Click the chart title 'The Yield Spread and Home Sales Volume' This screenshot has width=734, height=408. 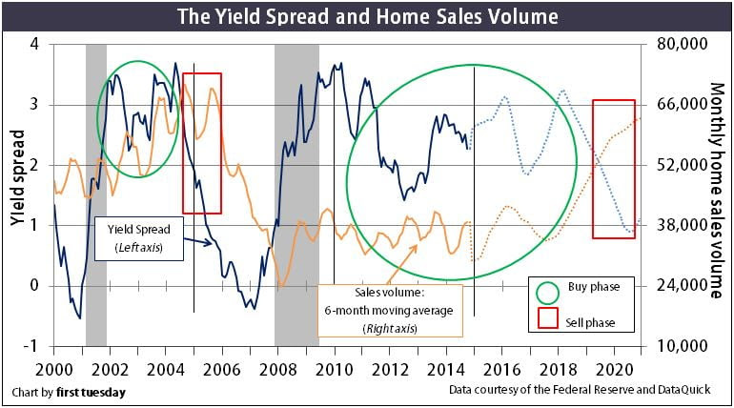click(x=367, y=16)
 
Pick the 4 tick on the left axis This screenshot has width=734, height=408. click(x=36, y=44)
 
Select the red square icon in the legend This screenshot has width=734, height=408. click(x=549, y=321)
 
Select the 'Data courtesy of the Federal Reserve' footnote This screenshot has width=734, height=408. click(x=584, y=391)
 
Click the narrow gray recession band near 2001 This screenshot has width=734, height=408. click(x=95, y=191)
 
